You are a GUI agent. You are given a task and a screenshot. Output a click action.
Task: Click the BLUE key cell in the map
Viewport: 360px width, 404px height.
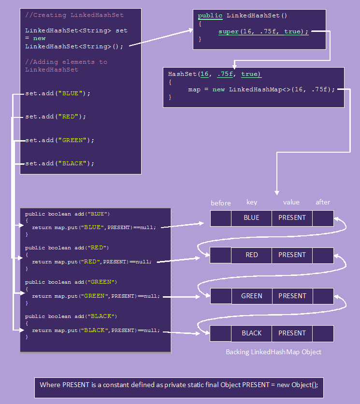point(251,218)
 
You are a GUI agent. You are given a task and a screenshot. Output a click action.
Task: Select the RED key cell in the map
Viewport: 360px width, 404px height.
point(251,255)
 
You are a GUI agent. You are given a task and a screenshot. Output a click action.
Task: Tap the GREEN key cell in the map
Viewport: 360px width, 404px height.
point(251,296)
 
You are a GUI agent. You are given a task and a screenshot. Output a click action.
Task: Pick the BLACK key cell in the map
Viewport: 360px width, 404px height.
point(251,333)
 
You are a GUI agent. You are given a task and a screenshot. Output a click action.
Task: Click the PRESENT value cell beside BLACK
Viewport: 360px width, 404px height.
point(292,333)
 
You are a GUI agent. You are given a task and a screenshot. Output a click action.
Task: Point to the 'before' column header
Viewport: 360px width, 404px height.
point(221,203)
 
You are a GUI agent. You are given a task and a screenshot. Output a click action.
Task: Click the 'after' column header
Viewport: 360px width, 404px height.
point(323,202)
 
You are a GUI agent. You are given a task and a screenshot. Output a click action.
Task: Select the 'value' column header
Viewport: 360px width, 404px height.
point(291,202)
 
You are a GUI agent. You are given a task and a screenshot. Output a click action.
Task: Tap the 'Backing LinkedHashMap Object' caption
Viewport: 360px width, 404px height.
point(273,352)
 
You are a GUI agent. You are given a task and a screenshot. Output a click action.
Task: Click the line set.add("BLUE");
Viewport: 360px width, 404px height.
point(58,93)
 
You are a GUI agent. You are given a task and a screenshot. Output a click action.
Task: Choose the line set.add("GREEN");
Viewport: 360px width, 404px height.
point(60,140)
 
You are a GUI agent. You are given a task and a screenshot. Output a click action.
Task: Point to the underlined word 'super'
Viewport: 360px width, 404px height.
point(229,31)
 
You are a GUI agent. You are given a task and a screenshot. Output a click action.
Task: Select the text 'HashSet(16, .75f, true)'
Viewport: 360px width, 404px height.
point(215,74)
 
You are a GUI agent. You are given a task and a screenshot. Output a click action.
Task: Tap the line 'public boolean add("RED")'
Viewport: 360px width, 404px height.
point(67,248)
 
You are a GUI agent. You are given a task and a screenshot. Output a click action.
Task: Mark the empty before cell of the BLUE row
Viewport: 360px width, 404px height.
point(221,218)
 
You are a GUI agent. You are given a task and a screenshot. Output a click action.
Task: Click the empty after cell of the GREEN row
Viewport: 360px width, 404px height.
point(323,296)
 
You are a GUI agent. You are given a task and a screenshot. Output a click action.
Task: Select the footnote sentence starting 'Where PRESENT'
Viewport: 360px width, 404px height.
point(179,385)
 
